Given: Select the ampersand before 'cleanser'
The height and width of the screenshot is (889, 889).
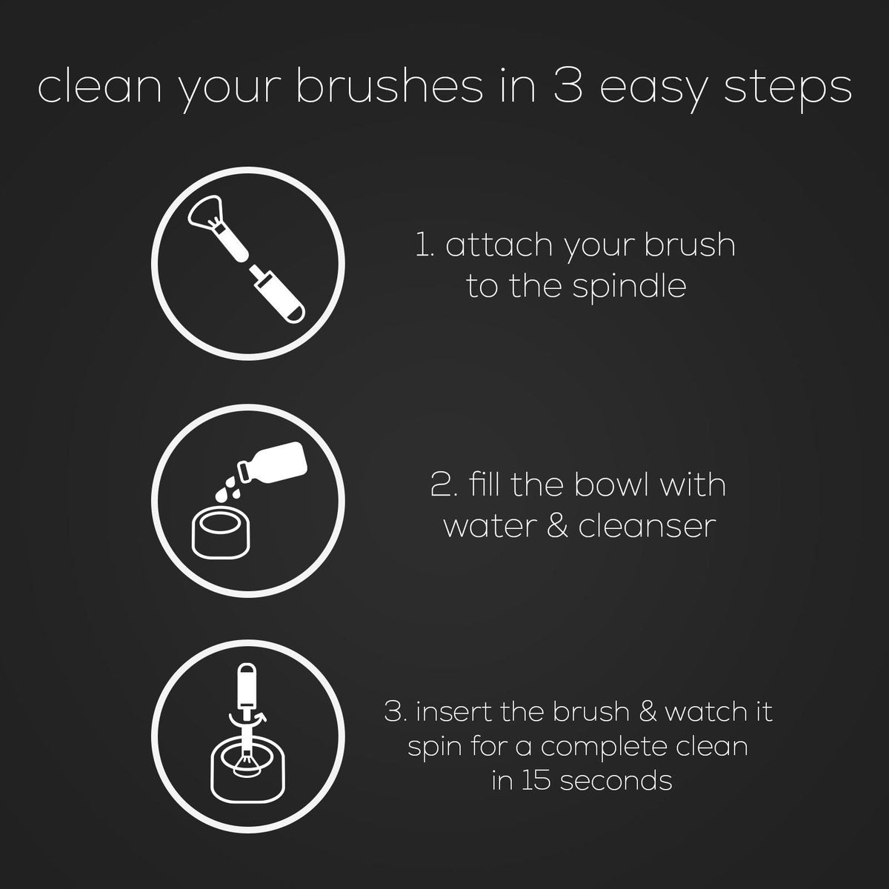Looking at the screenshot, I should tap(551, 526).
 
